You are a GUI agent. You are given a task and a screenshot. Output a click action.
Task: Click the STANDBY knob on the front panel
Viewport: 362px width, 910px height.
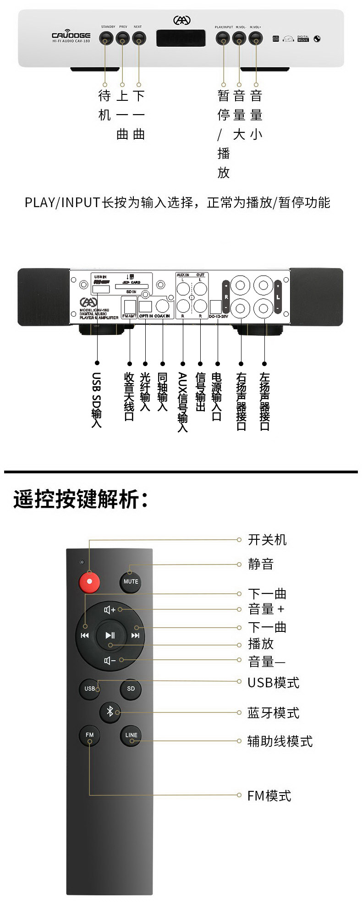106,38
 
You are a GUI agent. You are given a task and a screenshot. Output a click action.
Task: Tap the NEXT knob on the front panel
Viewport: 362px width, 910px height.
139,38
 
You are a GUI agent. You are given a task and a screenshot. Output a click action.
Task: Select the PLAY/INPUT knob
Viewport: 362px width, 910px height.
223,38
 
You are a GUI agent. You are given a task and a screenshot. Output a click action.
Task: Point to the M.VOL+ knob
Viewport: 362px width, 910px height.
256,38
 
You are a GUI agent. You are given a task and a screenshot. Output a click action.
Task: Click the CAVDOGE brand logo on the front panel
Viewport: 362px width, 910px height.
71,36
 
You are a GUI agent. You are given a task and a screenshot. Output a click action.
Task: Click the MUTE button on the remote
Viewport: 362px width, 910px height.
131,581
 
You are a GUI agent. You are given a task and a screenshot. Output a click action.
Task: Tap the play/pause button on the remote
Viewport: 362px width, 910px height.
110,635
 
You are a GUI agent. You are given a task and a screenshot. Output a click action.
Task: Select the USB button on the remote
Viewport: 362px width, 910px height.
90,688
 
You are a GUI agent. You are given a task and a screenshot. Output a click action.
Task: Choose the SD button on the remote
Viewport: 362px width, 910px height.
131,688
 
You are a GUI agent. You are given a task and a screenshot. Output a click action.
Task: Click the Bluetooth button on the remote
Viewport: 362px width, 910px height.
110,712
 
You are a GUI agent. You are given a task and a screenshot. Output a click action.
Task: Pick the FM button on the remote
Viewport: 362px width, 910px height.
89,735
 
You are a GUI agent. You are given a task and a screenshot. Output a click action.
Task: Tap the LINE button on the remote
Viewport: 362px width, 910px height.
131,735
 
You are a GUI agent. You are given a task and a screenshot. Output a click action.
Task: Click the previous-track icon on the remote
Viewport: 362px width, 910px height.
85,635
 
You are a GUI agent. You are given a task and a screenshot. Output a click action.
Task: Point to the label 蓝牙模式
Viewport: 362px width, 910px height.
273,713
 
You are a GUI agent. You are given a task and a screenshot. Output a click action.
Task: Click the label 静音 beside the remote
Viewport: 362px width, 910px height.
261,564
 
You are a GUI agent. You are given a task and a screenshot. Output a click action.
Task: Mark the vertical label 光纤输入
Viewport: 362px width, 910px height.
145,391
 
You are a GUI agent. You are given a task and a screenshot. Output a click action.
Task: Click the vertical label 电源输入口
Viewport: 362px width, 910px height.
217,397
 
